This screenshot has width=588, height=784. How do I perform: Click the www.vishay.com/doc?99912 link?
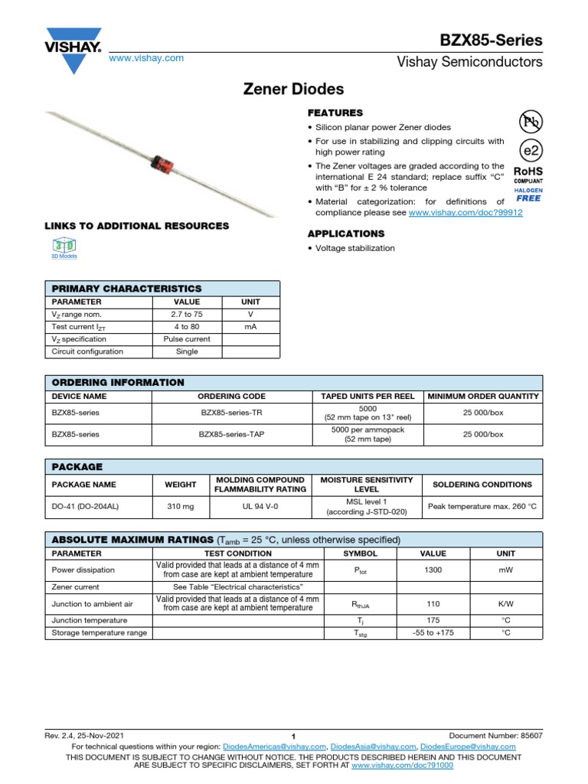point(465,213)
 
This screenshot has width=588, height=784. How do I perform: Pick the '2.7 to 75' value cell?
point(187,315)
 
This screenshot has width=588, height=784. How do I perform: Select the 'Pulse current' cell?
point(187,339)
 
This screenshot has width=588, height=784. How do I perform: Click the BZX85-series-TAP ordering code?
point(232,434)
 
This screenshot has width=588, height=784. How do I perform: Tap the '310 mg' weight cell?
point(181,506)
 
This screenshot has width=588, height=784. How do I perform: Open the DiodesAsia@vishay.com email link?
point(375,746)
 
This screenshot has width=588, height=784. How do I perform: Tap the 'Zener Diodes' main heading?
point(293,89)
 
